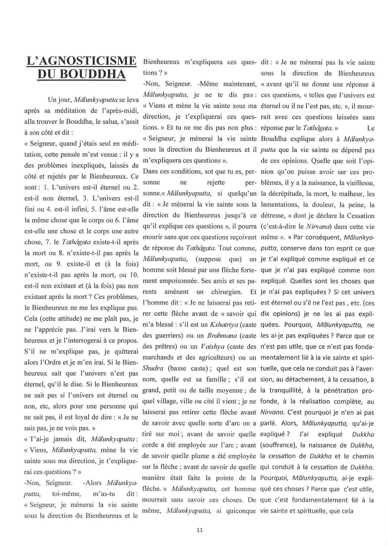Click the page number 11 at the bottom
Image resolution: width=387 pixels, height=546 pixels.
coord(200,529)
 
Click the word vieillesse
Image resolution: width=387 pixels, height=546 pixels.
coord(359,183)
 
